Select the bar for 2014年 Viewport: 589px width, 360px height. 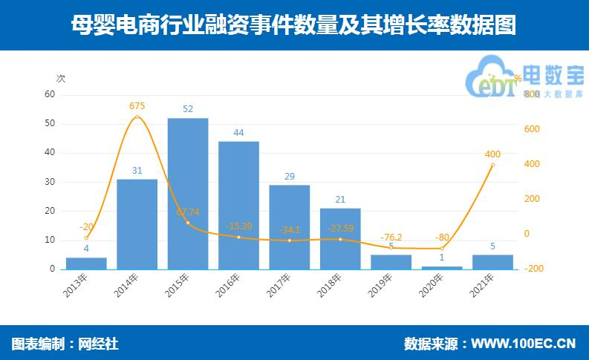tap(137, 223)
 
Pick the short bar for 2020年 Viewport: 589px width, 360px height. tap(442, 267)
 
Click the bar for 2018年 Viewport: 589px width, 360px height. tap(340, 238)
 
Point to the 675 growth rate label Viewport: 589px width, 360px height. tap(137, 106)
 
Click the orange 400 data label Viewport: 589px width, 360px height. tap(492, 154)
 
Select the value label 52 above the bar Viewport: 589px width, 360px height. tap(188, 108)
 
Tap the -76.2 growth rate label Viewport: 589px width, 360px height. tap(391, 237)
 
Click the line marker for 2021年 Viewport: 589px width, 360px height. tap(492, 166)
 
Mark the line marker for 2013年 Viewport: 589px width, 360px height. tap(86, 238)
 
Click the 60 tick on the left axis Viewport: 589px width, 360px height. tap(50, 94)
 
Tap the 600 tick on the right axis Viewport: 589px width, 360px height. tap(531, 129)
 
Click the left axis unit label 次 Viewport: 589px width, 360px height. tap(61, 78)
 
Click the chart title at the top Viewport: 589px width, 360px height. tap(294, 25)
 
